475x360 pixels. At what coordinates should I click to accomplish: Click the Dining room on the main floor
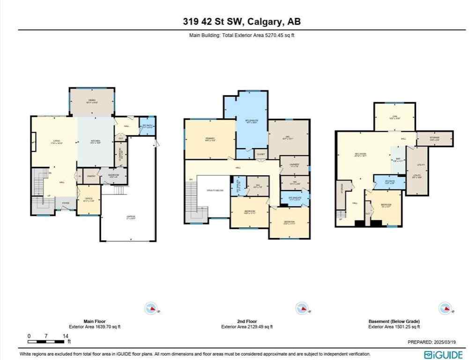(92, 102)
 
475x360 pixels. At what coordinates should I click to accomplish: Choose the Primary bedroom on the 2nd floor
(209, 139)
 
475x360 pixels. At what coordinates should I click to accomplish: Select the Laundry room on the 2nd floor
(295, 165)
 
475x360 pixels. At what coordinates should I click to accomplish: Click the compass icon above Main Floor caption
(152, 308)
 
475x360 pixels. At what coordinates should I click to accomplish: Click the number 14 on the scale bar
(65, 336)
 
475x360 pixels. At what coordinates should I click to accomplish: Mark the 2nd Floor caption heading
(247, 322)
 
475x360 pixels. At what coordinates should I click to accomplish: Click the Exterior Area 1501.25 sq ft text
(394, 327)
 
